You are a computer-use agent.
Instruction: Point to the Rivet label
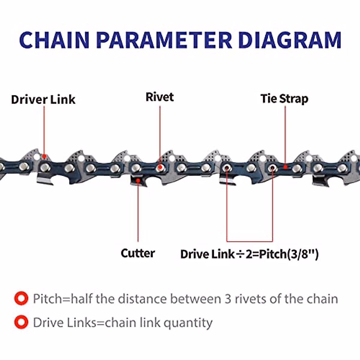tap(160, 97)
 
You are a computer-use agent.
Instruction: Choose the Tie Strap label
tap(284, 98)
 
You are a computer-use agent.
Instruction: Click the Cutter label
tap(138, 253)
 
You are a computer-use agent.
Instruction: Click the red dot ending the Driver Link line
tap(44, 156)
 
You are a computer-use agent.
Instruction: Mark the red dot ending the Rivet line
tap(160, 167)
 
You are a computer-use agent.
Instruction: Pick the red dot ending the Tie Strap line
tap(285, 167)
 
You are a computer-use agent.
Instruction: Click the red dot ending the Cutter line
tap(138, 180)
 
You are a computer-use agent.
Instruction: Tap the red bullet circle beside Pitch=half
tap(21, 299)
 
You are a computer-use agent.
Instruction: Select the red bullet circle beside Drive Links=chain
tap(21, 322)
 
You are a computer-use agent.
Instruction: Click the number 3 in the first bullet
tap(228, 299)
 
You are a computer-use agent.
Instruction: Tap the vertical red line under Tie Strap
tap(285, 135)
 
